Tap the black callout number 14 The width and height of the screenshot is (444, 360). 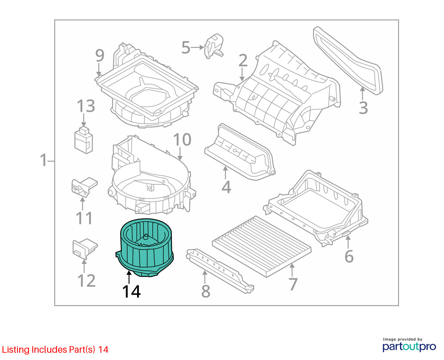pos(131,291)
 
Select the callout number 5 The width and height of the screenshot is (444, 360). pos(186,48)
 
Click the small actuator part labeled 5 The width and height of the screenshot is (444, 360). pos(214,46)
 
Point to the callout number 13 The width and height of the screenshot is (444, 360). pos(86,106)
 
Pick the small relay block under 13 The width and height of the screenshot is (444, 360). pos(83,140)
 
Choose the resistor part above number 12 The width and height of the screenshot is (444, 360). pos(85,249)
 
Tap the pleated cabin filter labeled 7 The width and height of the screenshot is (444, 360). pos(262,246)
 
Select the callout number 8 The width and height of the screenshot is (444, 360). pos(206,291)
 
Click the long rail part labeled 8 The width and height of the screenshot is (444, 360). pos(220,271)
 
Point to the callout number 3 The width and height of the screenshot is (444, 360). pos(363,108)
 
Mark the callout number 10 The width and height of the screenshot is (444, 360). pos(182,140)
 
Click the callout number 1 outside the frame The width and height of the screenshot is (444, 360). pos(44,160)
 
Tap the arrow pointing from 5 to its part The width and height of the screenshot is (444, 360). pos(197,48)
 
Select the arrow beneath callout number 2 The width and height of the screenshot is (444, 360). pos(242,74)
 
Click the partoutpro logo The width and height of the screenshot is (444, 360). pos(409,347)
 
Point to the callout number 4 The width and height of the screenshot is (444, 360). pos(226,187)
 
